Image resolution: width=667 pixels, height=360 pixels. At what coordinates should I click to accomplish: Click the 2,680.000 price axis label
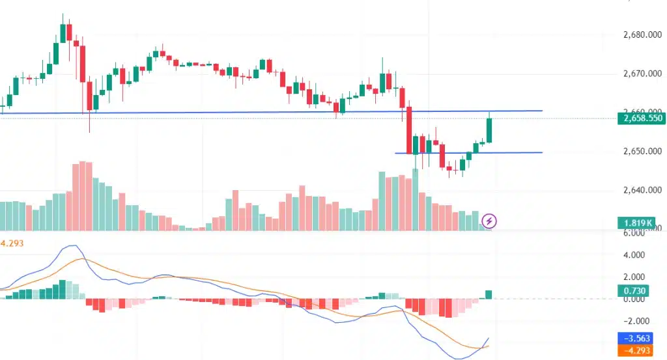point(635,35)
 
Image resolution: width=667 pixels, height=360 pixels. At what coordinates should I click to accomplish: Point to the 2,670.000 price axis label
point(635,74)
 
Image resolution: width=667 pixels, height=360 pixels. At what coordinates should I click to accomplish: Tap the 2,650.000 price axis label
point(635,152)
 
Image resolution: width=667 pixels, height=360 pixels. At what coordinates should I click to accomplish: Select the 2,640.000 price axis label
point(635,191)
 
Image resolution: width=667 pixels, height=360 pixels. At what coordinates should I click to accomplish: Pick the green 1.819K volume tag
point(635,223)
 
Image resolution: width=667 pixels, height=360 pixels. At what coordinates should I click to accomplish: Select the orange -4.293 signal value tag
point(635,351)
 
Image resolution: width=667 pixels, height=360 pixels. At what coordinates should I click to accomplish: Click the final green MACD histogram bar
point(489,294)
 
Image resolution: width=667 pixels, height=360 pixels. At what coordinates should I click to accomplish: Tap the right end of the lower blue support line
point(541,152)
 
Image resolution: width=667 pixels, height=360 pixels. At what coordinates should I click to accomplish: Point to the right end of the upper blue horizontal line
point(541,111)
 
